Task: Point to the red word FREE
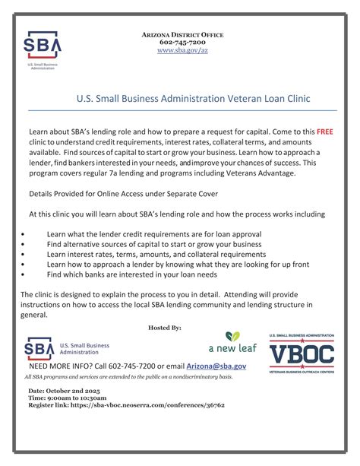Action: [326, 132]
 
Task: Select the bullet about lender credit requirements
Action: [153, 234]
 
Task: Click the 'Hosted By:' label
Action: [165, 327]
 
